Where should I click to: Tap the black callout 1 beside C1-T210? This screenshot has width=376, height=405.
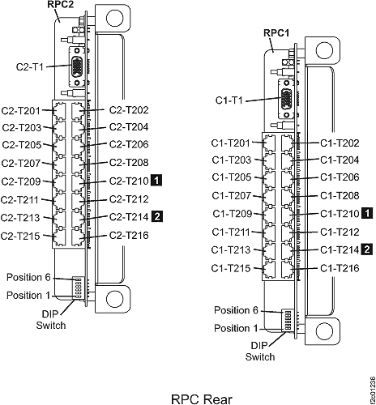click(366, 214)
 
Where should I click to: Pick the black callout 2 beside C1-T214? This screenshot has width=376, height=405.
click(366, 249)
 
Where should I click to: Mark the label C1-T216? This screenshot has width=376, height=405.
click(338, 268)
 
